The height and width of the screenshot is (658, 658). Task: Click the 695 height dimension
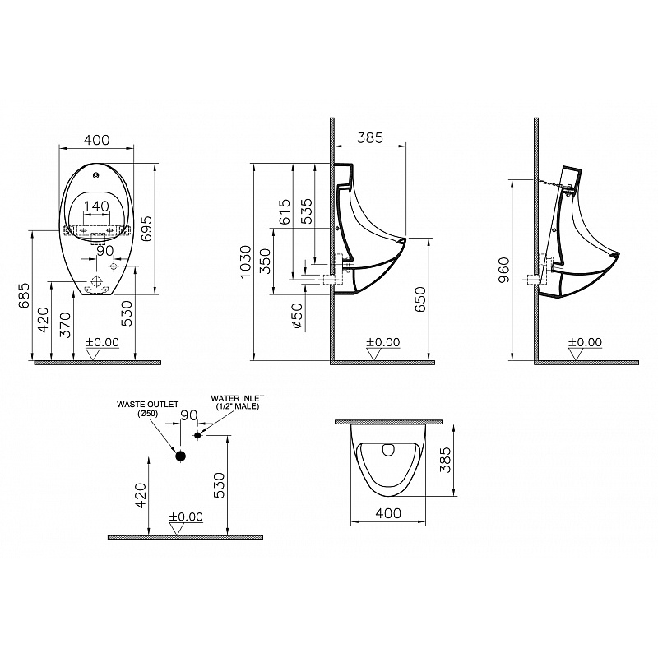click(146, 229)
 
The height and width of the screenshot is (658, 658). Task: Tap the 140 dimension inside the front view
click(96, 206)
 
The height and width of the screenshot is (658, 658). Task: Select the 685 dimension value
click(25, 295)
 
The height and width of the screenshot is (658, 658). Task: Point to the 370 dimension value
click(65, 325)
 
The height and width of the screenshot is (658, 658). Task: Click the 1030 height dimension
click(244, 261)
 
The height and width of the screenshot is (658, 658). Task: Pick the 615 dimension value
click(284, 211)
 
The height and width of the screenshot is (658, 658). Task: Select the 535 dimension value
click(307, 211)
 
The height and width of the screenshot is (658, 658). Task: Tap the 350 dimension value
click(265, 261)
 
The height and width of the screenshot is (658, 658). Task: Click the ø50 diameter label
click(297, 316)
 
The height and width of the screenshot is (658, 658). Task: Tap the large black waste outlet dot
click(180, 456)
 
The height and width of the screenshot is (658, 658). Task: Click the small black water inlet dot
click(197, 435)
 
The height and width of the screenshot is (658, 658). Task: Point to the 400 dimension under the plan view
click(388, 513)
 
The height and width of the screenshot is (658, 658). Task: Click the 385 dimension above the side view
click(370, 137)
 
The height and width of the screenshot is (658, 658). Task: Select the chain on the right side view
click(551, 183)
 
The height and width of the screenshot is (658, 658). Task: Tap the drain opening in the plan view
click(389, 450)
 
